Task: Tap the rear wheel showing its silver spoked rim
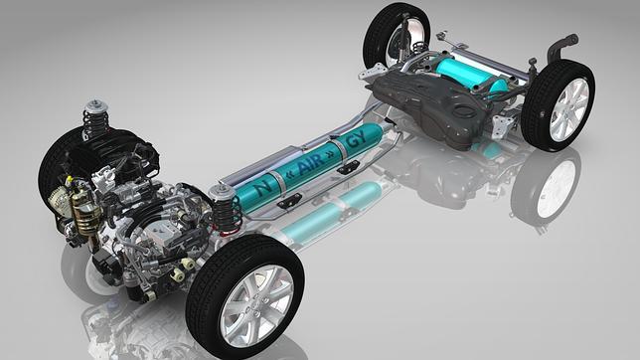(x=558, y=105)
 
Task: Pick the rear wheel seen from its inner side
(x=396, y=35)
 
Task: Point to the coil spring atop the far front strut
(x=95, y=119)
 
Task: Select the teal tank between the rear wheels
(x=466, y=73)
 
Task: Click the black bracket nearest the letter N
(x=288, y=202)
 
